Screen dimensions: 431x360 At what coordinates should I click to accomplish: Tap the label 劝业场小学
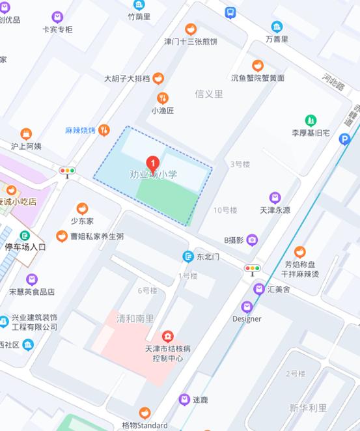tap(153, 174)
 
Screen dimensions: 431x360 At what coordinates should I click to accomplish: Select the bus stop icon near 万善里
tap(230, 12)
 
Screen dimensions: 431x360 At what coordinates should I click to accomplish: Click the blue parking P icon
tap(345, 139)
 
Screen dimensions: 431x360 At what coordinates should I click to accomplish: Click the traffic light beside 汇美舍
tap(252, 269)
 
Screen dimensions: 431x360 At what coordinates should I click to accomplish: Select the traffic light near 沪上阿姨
tap(67, 172)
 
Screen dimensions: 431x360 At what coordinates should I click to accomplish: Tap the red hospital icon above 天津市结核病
tap(168, 336)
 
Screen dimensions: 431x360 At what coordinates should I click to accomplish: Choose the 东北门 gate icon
tap(187, 257)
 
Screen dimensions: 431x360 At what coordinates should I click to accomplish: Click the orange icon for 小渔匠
tap(163, 98)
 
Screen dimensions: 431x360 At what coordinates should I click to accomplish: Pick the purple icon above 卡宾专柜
tap(57, 17)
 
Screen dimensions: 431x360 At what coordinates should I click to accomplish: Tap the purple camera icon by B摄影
tap(252, 240)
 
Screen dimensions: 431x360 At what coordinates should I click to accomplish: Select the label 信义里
tap(208, 94)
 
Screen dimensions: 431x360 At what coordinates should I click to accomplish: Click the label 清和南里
tap(135, 319)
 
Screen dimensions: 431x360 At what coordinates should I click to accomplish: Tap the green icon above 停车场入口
tap(25, 236)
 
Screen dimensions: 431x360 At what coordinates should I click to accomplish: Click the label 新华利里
tap(308, 408)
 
